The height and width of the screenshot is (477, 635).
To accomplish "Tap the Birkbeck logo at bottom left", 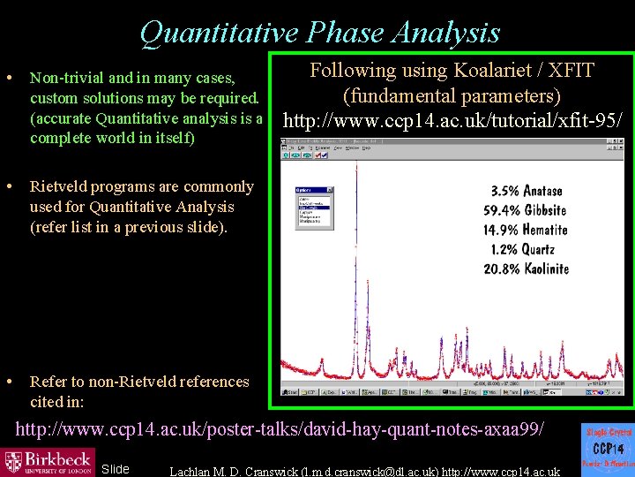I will (x=49, y=461).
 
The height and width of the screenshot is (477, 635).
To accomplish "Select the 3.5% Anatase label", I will (x=527, y=191).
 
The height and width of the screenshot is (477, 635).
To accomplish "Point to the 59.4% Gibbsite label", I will (x=527, y=210).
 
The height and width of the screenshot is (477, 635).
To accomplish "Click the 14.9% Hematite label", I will (x=527, y=230).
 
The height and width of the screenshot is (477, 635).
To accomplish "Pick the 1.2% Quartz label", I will (x=527, y=249).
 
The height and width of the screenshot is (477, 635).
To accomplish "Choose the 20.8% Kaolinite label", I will (x=527, y=269).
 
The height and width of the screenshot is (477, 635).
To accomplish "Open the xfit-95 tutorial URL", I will (x=451, y=118).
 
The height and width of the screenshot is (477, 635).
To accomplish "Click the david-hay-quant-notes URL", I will (x=280, y=429).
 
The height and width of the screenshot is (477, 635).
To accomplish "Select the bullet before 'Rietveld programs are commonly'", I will (x=8, y=186).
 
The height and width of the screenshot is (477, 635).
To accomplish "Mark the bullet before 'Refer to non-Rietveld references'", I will (x=8, y=382).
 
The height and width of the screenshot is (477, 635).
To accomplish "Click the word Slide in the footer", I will (x=116, y=469).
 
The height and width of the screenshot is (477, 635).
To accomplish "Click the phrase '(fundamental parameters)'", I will (x=452, y=95).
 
